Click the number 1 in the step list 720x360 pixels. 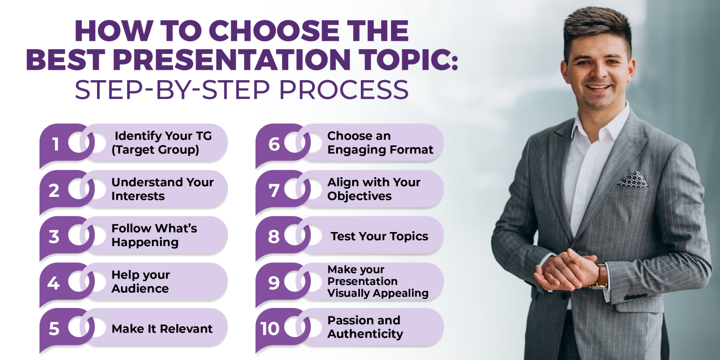[x=56, y=143]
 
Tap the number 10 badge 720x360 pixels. [x=270, y=328]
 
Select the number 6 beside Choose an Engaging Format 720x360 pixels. [x=274, y=144]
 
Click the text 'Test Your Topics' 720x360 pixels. [x=379, y=236]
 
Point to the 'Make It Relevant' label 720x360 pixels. [x=162, y=329]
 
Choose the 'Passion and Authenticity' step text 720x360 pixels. [x=365, y=327]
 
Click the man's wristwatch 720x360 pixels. [x=600, y=276]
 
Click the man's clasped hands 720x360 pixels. [x=562, y=269]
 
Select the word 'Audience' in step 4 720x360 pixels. [x=140, y=288]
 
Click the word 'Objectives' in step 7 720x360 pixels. [x=360, y=196]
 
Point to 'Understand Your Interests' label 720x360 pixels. [x=162, y=189]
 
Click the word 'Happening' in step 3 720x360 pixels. [x=145, y=242]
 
